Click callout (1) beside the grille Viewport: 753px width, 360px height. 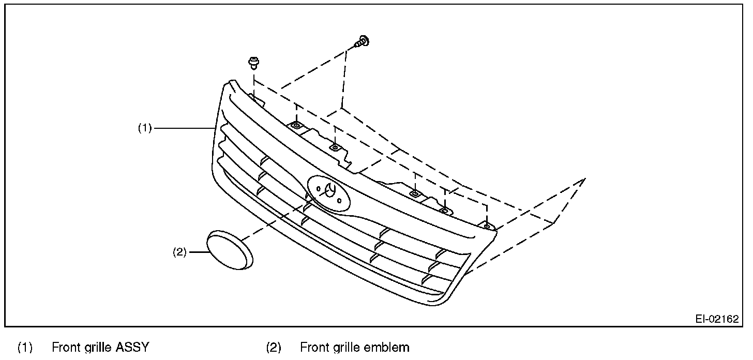(x=144, y=128)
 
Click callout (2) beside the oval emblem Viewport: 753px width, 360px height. (x=179, y=253)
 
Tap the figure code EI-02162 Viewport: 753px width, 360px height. (x=717, y=319)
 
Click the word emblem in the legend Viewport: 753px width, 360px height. (x=384, y=347)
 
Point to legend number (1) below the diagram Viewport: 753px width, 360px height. (x=25, y=347)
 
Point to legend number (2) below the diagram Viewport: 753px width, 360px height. (x=274, y=347)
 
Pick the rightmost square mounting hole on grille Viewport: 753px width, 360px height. (x=486, y=226)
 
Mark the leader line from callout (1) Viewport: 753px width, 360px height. (x=184, y=128)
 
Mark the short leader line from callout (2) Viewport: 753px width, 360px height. (x=198, y=252)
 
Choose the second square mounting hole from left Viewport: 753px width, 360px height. (x=335, y=147)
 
